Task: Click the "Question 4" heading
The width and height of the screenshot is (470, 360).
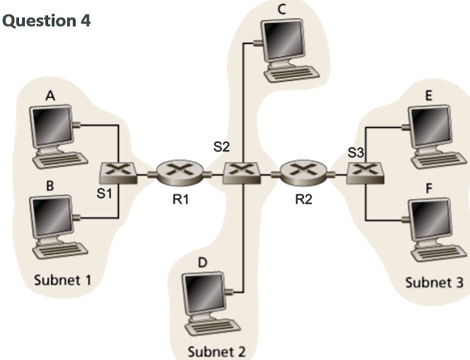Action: click(47, 21)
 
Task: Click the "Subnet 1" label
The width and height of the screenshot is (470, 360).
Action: click(62, 280)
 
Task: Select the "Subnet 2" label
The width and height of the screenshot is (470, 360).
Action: click(217, 350)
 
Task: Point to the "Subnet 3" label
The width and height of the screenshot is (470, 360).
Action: click(434, 282)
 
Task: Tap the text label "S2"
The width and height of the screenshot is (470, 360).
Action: click(222, 147)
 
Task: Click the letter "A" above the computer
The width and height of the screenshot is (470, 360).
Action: click(50, 95)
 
